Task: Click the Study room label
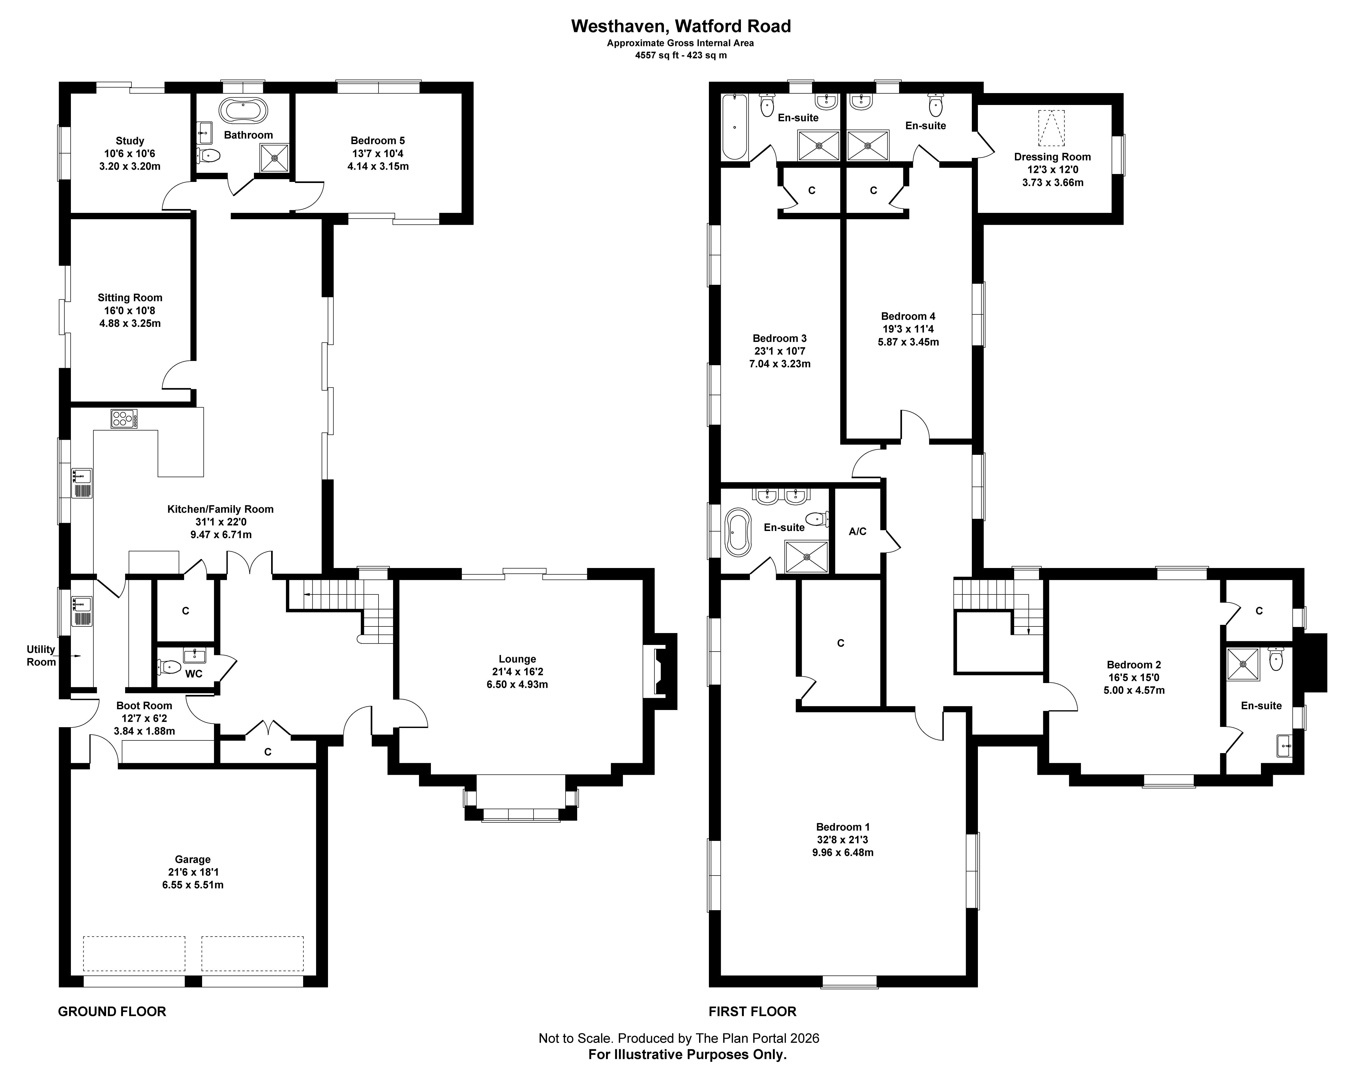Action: point(130,140)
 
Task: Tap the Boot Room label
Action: point(144,705)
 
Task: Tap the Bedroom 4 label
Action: point(908,316)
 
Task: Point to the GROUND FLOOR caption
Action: point(112,1011)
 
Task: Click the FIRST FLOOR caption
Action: point(752,1011)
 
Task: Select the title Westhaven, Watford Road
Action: point(681,26)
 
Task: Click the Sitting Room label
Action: point(130,297)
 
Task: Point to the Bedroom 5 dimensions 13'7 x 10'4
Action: point(378,153)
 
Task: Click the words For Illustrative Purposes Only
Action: point(687,1054)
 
